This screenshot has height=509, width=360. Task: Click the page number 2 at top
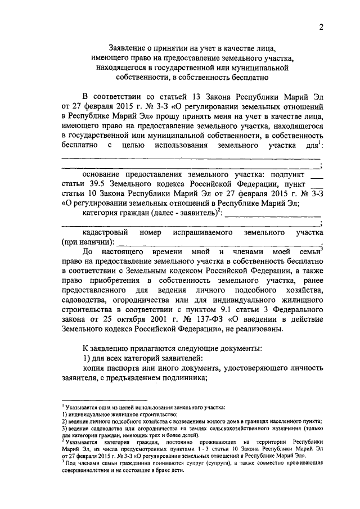pos(321,27)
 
